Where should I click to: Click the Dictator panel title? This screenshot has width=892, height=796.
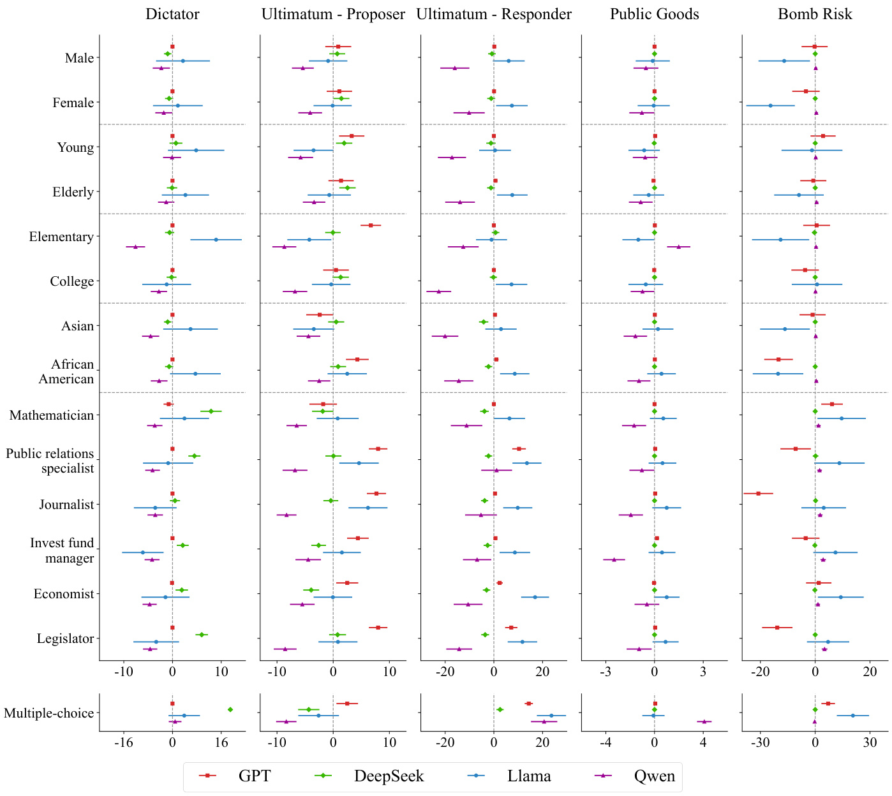(172, 14)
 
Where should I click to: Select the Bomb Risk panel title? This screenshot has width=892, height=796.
(815, 14)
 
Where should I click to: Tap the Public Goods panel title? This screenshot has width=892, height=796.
(654, 14)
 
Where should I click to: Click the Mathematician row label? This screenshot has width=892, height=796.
(52, 415)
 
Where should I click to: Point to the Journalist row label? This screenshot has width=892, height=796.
(66, 505)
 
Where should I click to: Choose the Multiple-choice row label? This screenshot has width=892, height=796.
(48, 713)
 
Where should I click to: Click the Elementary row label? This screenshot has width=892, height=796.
(61, 237)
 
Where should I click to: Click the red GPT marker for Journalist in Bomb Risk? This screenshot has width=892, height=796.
(758, 494)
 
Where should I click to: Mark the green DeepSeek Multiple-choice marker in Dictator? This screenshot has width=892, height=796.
(230, 709)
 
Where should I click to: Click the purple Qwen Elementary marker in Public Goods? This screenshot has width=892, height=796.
(678, 246)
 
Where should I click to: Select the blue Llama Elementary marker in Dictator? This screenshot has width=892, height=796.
(216, 239)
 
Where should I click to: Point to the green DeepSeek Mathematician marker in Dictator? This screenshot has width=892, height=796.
(211, 411)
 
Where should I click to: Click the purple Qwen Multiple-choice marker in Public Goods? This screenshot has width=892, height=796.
(704, 721)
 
